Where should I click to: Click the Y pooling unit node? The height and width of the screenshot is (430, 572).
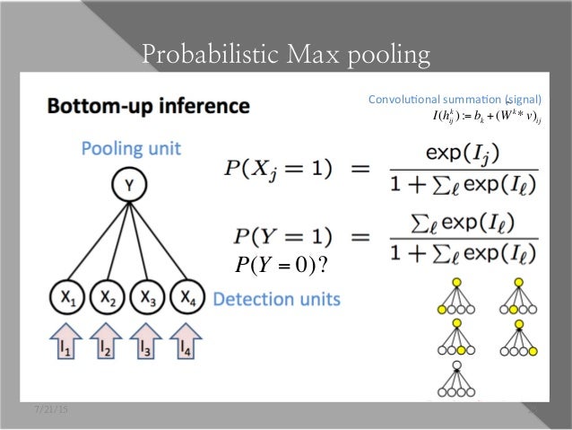(x=130, y=187)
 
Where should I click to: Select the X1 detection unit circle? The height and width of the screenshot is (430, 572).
(x=67, y=295)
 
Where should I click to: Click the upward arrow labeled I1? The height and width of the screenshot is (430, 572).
(x=67, y=344)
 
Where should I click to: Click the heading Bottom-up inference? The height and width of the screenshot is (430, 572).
(x=149, y=106)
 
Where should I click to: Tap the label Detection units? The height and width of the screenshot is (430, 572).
(x=277, y=299)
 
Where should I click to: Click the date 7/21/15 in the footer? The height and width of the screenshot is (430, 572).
(x=50, y=410)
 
